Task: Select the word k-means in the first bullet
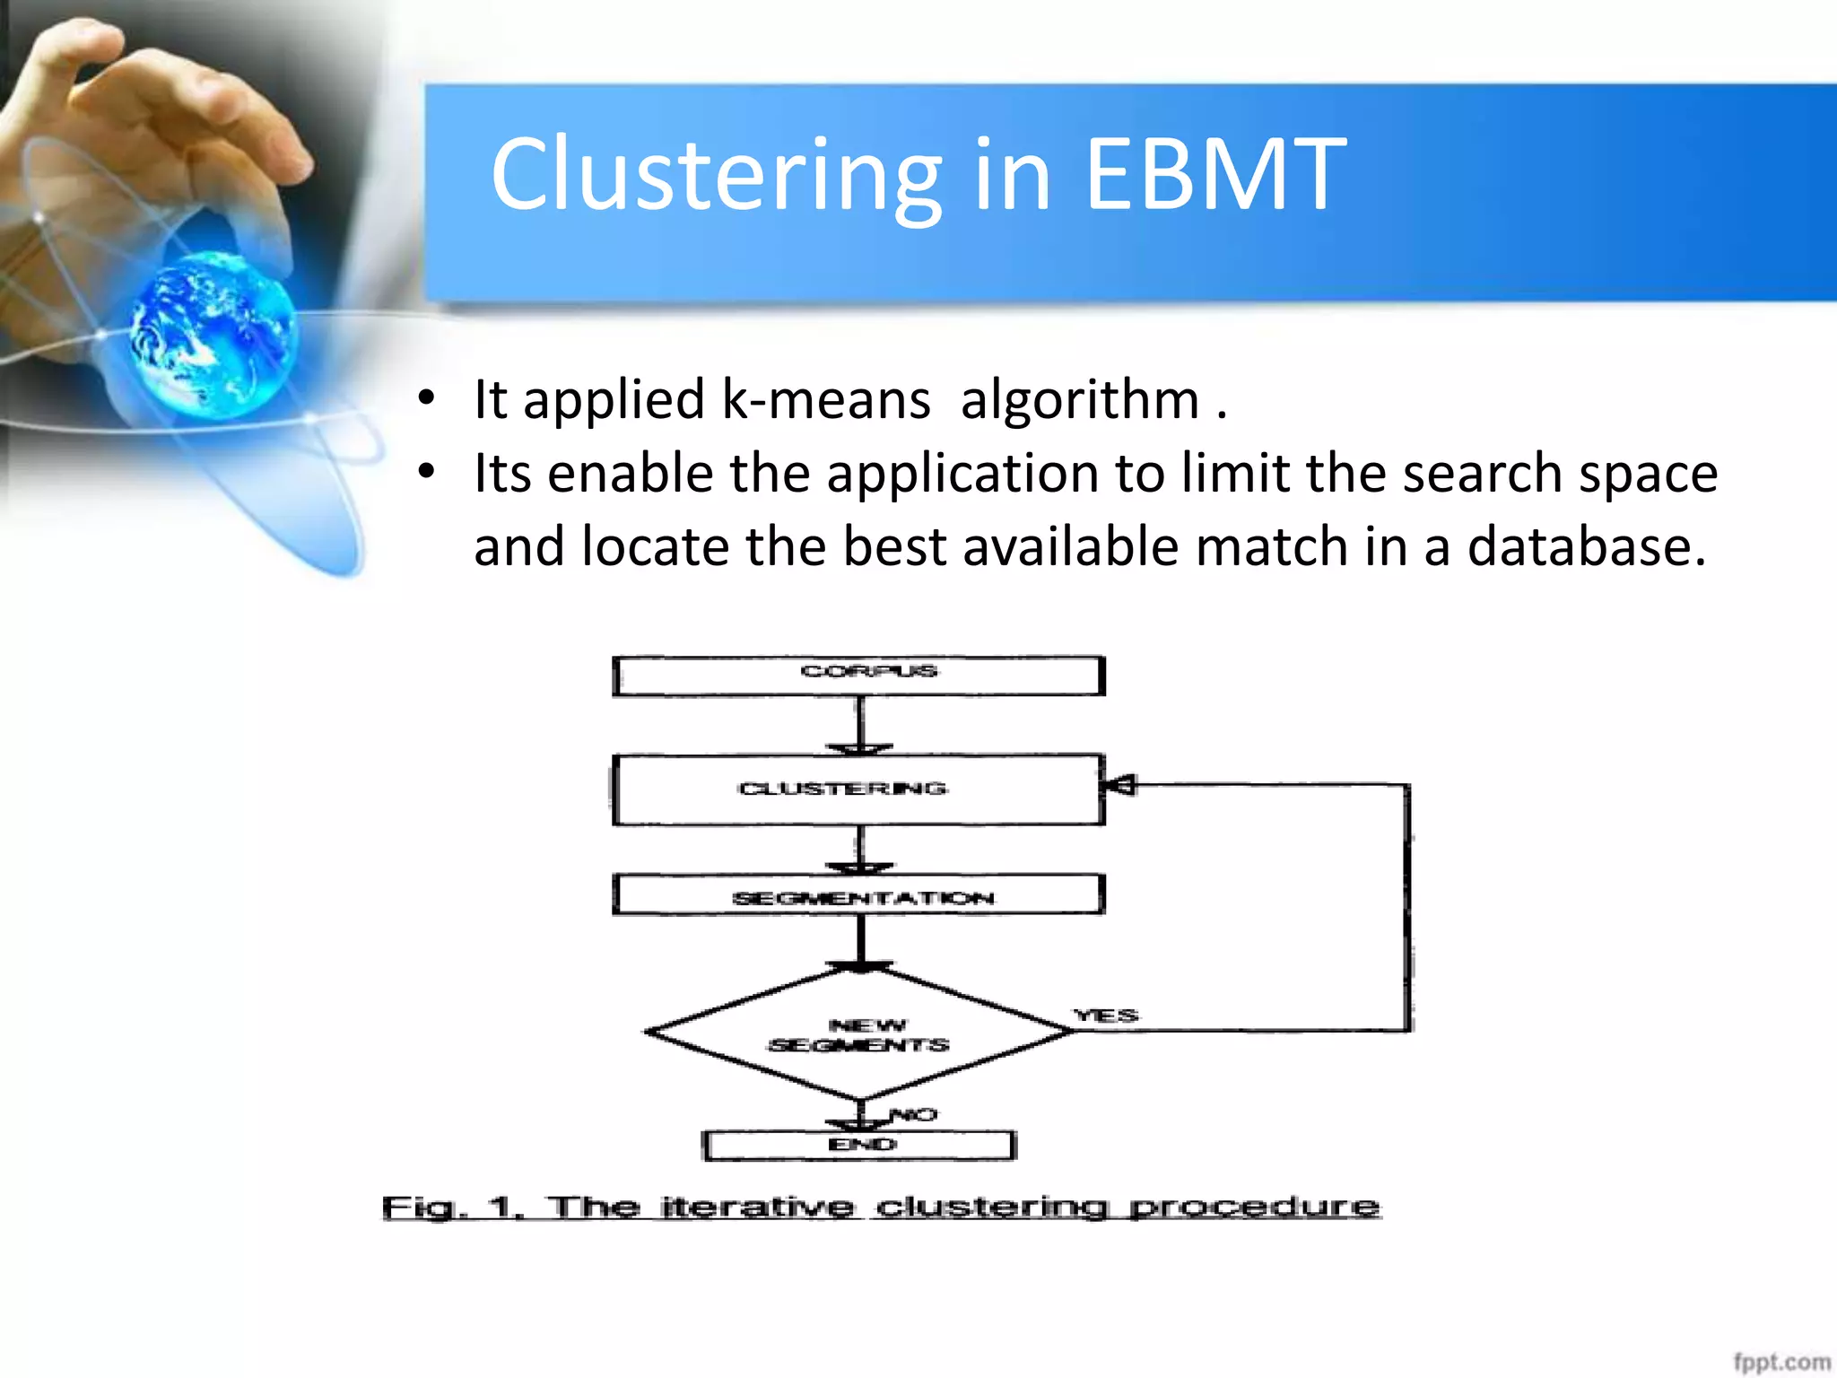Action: pos(826,399)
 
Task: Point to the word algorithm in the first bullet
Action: pos(1079,399)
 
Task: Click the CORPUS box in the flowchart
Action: pos(858,676)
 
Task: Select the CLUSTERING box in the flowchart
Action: pos(858,789)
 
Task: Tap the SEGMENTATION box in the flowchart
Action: pos(858,895)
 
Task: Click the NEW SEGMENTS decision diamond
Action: pos(858,1033)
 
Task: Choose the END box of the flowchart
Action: pos(859,1146)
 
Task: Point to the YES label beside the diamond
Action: pos(1106,1016)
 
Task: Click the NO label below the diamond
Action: pos(914,1115)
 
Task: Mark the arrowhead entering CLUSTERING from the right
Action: pos(1119,786)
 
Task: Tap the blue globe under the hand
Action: pos(212,334)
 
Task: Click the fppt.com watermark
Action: pos(1780,1362)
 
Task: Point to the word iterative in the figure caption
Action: pos(757,1208)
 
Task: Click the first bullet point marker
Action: pos(427,397)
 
